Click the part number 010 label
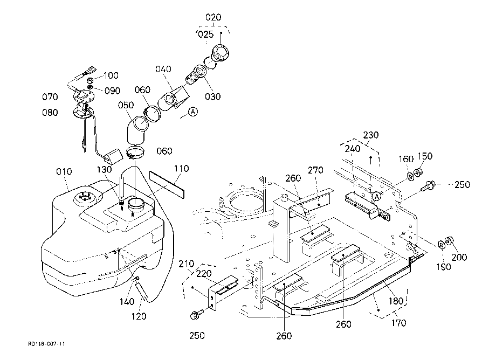click(x=64, y=171)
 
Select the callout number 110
click(x=181, y=169)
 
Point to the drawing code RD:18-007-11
click(x=46, y=344)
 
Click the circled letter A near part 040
click(x=193, y=111)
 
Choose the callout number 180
click(x=396, y=301)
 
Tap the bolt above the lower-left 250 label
click(x=195, y=315)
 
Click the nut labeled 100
click(x=90, y=80)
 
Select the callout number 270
click(x=315, y=170)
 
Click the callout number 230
click(x=371, y=135)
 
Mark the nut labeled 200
click(x=449, y=242)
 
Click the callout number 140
click(x=127, y=302)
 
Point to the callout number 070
click(x=50, y=96)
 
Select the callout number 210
click(x=187, y=264)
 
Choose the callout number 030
click(x=213, y=96)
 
